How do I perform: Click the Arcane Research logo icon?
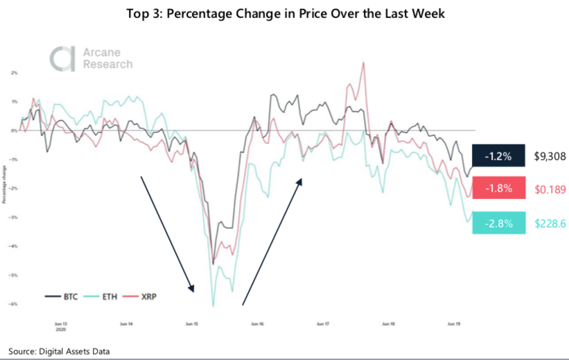coord(60,58)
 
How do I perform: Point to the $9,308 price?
coord(550,157)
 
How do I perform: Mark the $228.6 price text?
coord(550,222)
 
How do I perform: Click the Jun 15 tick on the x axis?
coord(192,323)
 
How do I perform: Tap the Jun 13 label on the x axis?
coord(61,323)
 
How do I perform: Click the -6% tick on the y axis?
coord(14,304)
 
